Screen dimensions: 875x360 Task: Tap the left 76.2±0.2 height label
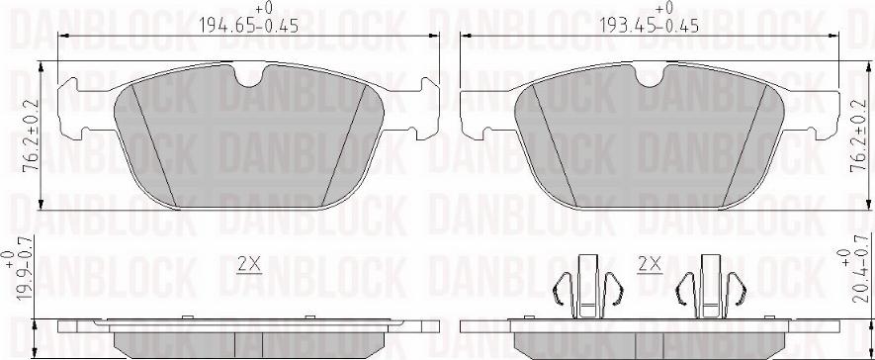pos(33,135)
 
